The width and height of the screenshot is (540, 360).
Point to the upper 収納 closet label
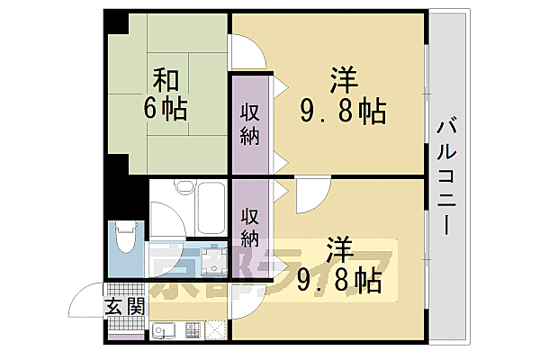(x=250, y=125)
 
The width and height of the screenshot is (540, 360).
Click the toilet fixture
(x=124, y=242)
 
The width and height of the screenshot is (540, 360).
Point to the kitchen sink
(x=165, y=330)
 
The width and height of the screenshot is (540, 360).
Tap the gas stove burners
(x=192, y=330)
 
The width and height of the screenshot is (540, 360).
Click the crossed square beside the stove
(x=217, y=330)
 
